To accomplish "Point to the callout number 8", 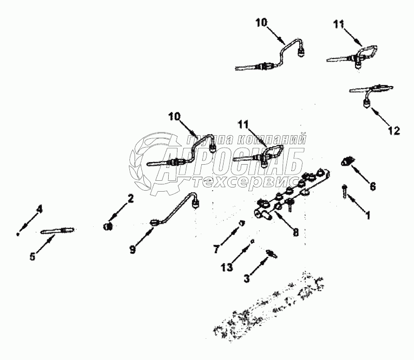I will point(295,233).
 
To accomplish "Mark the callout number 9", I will point(133,249).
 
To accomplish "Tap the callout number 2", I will point(131,198).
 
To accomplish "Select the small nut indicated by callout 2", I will point(108,226).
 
